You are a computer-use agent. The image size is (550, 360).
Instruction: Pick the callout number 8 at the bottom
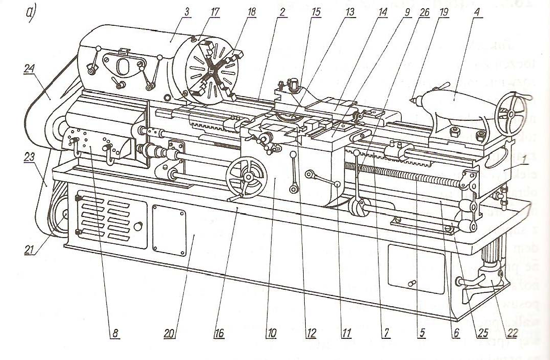114,335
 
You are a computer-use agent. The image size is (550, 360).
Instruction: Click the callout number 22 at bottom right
512,334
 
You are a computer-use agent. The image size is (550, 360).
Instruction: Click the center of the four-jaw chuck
209,70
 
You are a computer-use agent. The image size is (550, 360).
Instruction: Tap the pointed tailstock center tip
412,98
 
